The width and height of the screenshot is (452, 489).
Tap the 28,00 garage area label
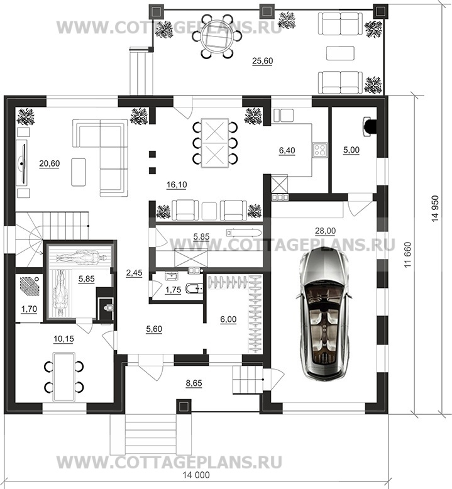point(326,231)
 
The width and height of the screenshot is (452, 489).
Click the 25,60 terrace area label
point(262,61)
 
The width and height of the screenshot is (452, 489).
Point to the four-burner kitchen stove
point(320,150)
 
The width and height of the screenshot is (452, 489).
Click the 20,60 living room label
point(49,163)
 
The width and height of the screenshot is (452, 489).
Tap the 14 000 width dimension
point(196,475)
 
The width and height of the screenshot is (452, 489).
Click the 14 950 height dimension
point(435,208)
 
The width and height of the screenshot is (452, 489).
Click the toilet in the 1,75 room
point(193,288)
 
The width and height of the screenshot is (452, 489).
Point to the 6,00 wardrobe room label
point(228,319)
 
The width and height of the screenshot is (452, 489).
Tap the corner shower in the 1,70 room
point(30,286)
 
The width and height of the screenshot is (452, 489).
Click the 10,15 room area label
point(63,339)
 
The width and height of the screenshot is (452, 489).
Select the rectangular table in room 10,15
point(64,376)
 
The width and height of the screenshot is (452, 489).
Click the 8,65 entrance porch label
point(194,383)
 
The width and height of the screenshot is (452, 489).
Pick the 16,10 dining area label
point(177,185)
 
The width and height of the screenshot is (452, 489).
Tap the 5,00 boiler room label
point(351,150)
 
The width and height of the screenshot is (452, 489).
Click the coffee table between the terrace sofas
point(340,53)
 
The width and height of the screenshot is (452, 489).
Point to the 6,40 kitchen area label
point(287,151)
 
